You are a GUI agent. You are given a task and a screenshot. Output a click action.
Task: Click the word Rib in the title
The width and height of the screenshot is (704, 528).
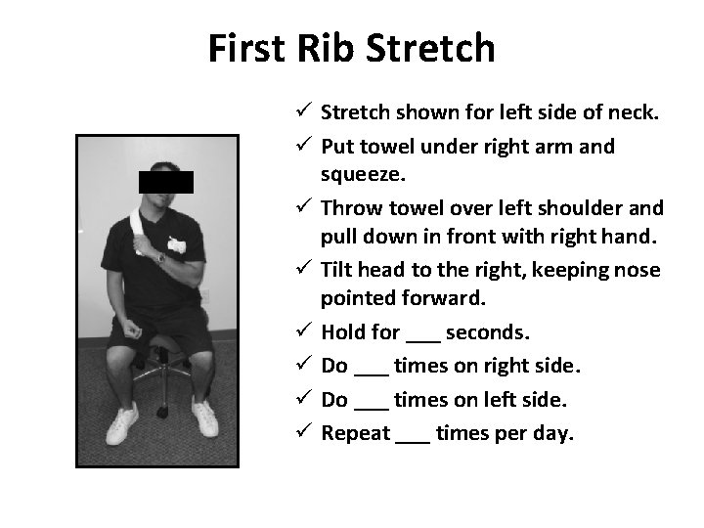(x=323, y=47)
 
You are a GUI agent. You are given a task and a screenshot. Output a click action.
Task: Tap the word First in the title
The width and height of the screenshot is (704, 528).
(x=246, y=47)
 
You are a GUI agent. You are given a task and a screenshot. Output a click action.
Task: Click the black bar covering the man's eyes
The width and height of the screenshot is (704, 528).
(x=165, y=182)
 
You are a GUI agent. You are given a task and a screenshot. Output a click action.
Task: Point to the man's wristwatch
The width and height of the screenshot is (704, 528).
(x=160, y=258)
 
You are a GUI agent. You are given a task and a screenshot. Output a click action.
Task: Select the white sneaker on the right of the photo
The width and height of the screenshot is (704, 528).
(x=204, y=418)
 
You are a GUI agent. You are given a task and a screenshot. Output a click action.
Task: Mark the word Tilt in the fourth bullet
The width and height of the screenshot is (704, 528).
(x=337, y=269)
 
